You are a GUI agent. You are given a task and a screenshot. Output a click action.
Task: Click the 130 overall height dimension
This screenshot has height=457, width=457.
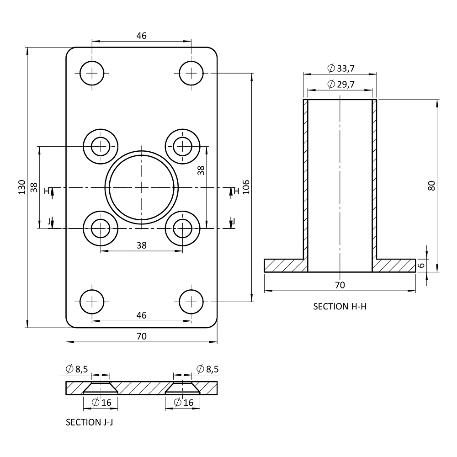pos(22,187)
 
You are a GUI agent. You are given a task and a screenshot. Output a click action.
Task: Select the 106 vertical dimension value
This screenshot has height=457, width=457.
pos(246,187)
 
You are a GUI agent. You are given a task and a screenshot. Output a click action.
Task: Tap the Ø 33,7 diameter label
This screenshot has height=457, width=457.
pos(341,69)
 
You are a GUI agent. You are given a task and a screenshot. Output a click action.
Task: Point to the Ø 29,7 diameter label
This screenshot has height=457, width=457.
pos(341,84)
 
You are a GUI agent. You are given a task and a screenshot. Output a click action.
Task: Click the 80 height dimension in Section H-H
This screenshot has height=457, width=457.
pos(432,186)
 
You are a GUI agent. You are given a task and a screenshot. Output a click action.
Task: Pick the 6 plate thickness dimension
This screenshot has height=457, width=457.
pos(420,266)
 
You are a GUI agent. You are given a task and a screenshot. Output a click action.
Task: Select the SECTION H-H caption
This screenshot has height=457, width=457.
pos(340,306)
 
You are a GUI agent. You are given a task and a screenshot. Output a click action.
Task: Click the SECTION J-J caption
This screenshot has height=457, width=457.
pos(89,422)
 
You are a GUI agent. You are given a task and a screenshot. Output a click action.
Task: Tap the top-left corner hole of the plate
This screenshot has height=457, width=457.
pos(92,73)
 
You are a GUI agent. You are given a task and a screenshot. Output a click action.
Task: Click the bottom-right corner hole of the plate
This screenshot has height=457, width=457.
pos(191,301)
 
